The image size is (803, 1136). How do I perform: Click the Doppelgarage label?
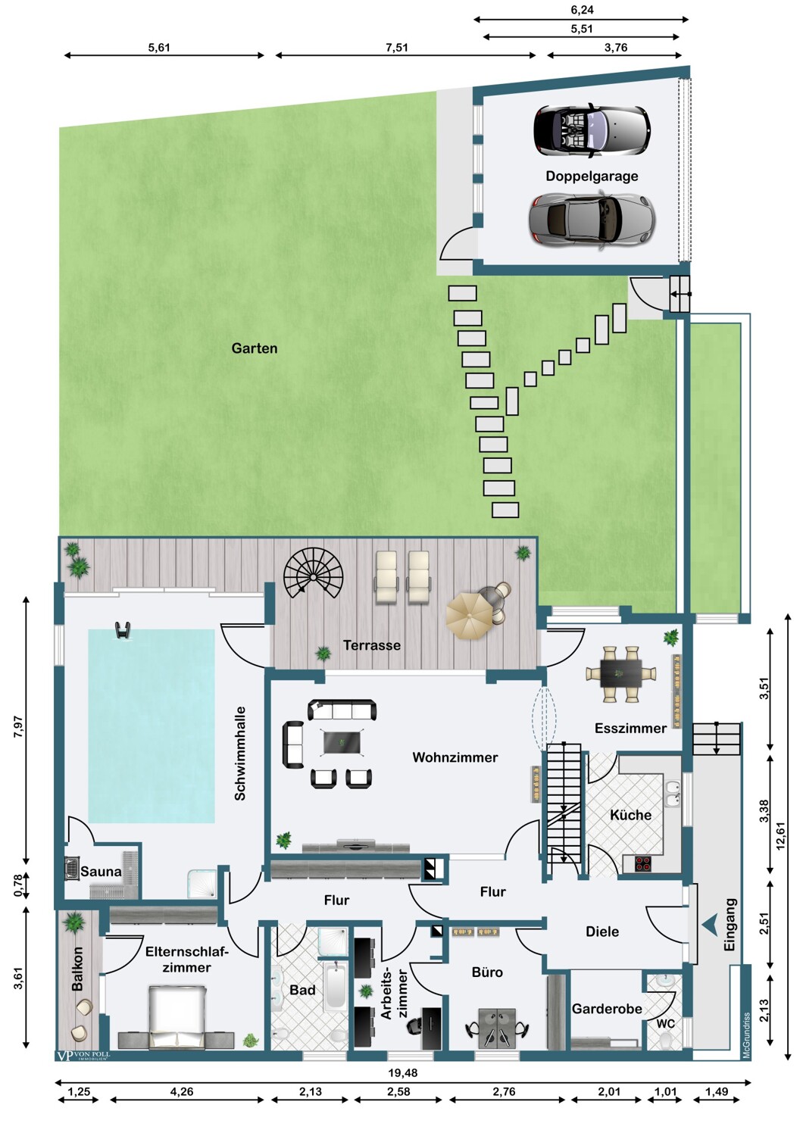(x=592, y=176)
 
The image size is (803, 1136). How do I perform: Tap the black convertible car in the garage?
(x=592, y=130)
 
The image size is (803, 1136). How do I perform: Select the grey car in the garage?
(x=592, y=220)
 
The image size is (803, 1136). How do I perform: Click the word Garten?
(x=254, y=348)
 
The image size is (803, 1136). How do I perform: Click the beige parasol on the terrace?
(x=470, y=615)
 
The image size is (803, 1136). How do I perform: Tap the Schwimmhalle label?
(x=240, y=754)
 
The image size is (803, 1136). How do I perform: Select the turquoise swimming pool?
(x=152, y=726)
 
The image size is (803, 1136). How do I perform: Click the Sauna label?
(x=101, y=871)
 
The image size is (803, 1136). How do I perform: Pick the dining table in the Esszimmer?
(x=620, y=673)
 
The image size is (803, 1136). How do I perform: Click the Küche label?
(x=630, y=815)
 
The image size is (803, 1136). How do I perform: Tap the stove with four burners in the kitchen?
(x=643, y=863)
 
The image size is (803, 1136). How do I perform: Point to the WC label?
(x=666, y=1024)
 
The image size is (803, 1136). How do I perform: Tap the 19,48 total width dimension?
(x=403, y=1072)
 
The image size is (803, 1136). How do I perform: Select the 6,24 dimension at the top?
(x=582, y=10)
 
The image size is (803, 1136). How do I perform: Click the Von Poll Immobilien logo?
(x=82, y=1056)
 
